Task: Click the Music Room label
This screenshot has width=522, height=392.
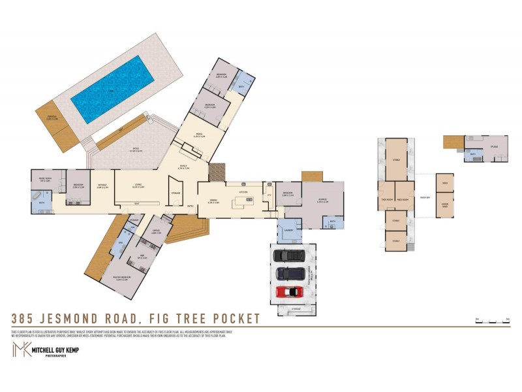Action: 44,180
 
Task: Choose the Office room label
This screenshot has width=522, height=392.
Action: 156,231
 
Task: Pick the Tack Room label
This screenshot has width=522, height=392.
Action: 386,200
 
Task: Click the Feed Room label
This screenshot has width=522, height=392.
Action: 403,200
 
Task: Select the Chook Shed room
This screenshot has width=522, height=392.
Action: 444,206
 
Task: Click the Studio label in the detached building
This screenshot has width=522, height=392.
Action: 494,146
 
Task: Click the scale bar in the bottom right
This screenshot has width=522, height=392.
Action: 492,321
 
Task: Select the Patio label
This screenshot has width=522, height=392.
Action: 136,150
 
